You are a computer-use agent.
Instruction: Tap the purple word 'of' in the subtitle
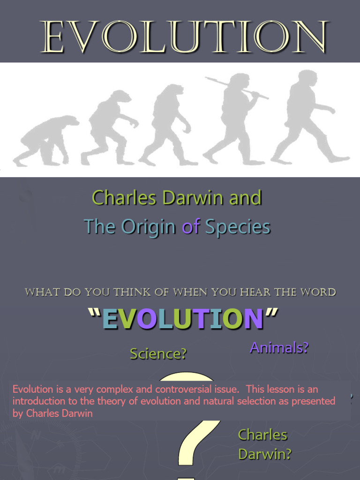[191, 227]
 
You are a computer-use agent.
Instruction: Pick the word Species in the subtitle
[238, 227]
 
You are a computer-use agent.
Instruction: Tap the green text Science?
[158, 354]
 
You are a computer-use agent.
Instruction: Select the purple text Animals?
[279, 348]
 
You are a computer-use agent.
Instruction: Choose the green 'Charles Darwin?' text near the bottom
[264, 444]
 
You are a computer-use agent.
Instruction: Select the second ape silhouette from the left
[110, 127]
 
